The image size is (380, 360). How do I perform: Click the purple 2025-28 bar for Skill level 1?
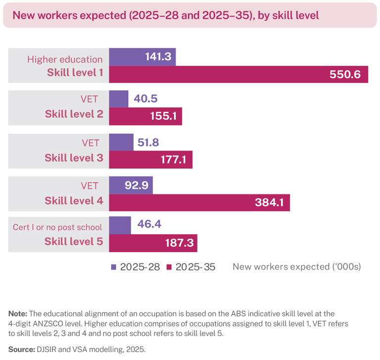[142, 57]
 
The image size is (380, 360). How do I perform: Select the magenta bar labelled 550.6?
[238, 74]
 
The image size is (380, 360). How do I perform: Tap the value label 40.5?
[145, 98]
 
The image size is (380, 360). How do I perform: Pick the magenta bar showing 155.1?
[145, 116]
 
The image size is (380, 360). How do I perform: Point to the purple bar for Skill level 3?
[121, 142]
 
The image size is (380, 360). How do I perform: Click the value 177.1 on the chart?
[173, 160]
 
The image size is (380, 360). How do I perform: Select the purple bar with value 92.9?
[131, 185]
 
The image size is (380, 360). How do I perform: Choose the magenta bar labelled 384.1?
[199, 203]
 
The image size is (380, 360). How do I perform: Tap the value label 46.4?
[149, 224]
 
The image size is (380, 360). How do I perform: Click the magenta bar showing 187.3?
[153, 243]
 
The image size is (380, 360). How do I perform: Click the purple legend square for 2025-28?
[113, 267]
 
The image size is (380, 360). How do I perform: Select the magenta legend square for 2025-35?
[169, 267]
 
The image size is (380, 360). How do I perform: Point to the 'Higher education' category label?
[65, 59]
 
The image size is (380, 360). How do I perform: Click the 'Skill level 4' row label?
[74, 201]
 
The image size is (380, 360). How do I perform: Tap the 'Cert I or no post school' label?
[57, 227]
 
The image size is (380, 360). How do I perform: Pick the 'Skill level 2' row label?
[74, 114]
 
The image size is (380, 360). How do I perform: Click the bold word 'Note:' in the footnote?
[18, 314]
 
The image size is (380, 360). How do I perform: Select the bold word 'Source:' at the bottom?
[22, 349]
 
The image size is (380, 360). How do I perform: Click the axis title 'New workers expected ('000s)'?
[297, 267]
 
